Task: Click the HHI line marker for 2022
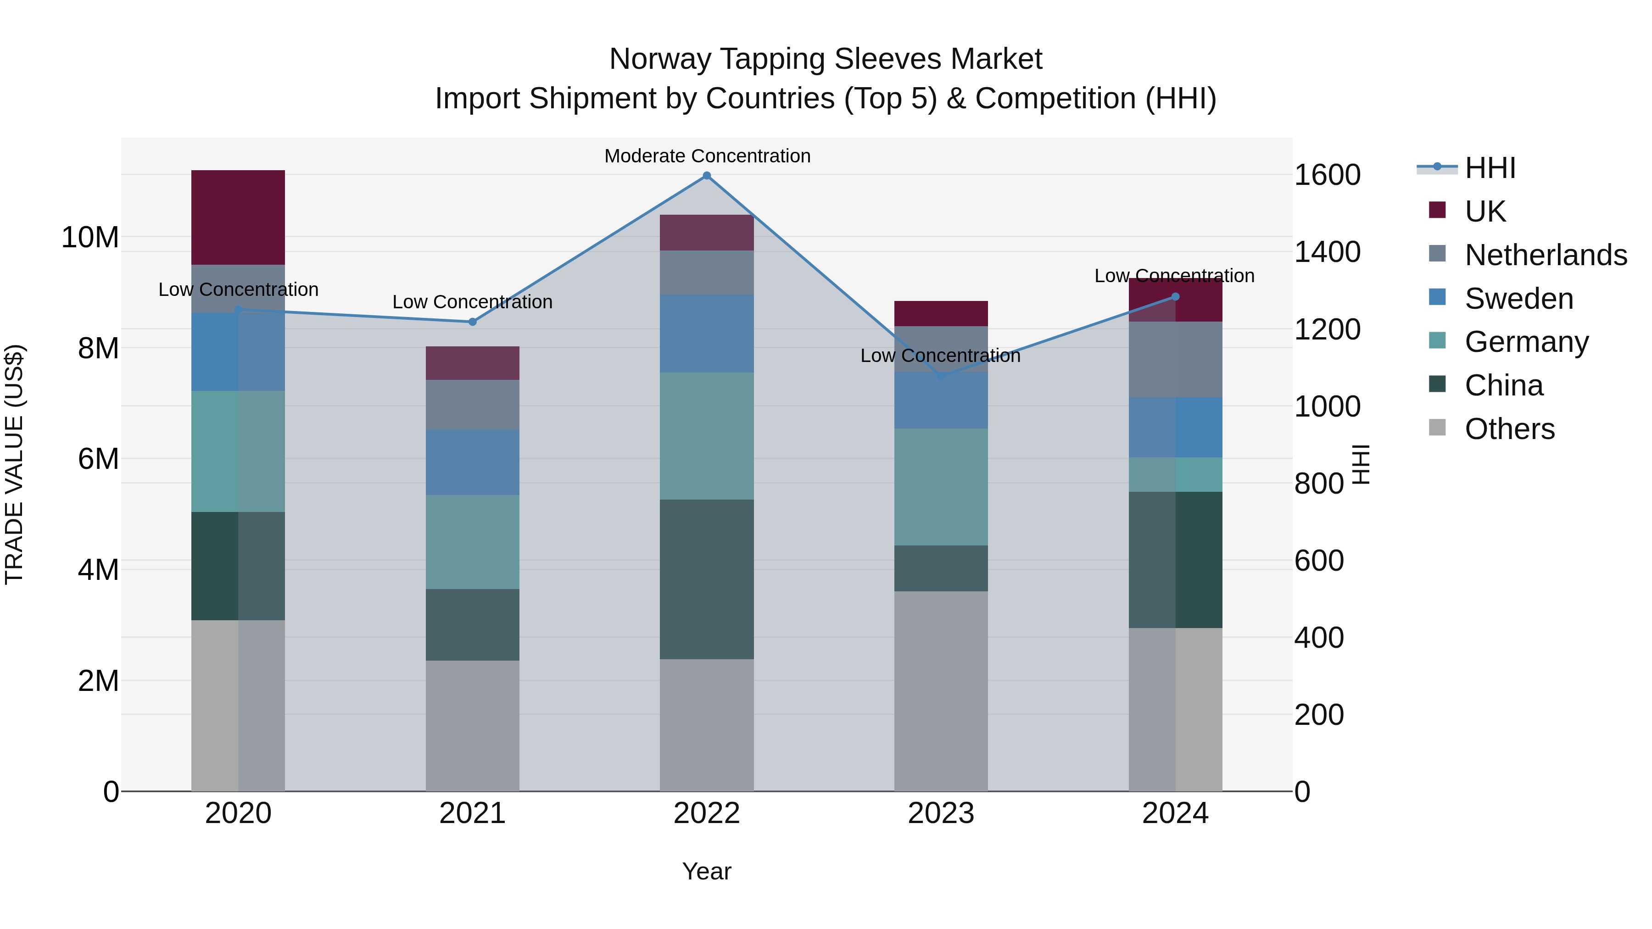[707, 176]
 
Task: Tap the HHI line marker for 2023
[941, 376]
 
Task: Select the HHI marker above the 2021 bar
[473, 322]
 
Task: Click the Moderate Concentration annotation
[707, 156]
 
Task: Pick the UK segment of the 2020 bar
[238, 217]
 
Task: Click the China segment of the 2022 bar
[707, 579]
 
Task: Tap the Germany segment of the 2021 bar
[473, 542]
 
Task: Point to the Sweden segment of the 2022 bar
[707, 334]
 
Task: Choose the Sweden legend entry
[1518, 299]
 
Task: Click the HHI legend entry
[1489, 168]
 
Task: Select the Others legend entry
[1509, 429]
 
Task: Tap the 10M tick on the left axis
[90, 237]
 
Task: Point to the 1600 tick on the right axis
[1327, 175]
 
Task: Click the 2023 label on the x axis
[941, 813]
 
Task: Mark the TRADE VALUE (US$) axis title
[14, 464]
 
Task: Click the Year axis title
[707, 871]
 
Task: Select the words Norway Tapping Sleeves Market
[826, 59]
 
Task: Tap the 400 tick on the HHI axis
[1318, 638]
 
